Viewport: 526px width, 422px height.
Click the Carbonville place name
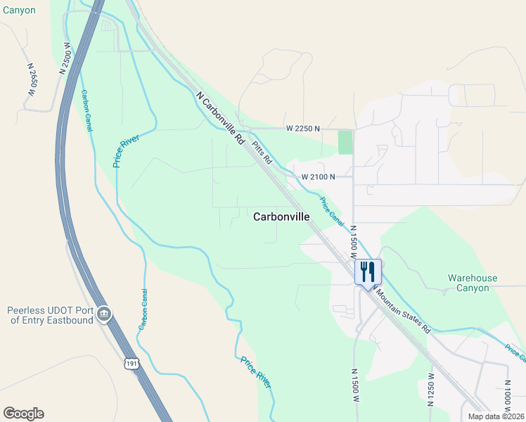(x=281, y=217)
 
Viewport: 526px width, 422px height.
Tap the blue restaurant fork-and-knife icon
(x=368, y=271)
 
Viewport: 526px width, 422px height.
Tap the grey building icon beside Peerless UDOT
(x=104, y=314)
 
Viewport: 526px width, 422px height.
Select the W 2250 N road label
(x=303, y=129)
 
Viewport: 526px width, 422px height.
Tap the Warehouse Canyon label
(x=472, y=283)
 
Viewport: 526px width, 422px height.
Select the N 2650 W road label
(x=32, y=79)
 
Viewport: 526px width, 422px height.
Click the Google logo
(x=23, y=414)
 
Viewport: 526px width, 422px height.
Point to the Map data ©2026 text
(x=496, y=416)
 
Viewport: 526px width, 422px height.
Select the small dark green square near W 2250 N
(x=345, y=142)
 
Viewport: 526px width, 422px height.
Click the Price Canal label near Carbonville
(x=331, y=212)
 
